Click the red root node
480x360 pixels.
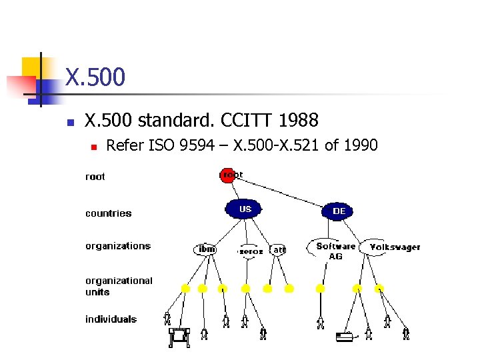227,175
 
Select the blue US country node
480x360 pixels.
243,209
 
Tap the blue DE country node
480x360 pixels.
339,211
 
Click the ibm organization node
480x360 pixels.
207,249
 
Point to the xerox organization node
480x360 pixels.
251,251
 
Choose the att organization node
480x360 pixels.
279,249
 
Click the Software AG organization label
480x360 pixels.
335,251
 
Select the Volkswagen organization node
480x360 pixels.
395,247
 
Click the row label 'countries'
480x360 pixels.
108,213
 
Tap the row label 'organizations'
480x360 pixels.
118,246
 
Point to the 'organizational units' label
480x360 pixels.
118,286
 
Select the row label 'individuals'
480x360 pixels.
111,319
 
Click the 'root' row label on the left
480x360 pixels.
95,177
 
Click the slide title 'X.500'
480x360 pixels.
95,77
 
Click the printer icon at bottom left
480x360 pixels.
179,337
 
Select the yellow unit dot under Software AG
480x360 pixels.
320,289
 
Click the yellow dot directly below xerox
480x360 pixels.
245,289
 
